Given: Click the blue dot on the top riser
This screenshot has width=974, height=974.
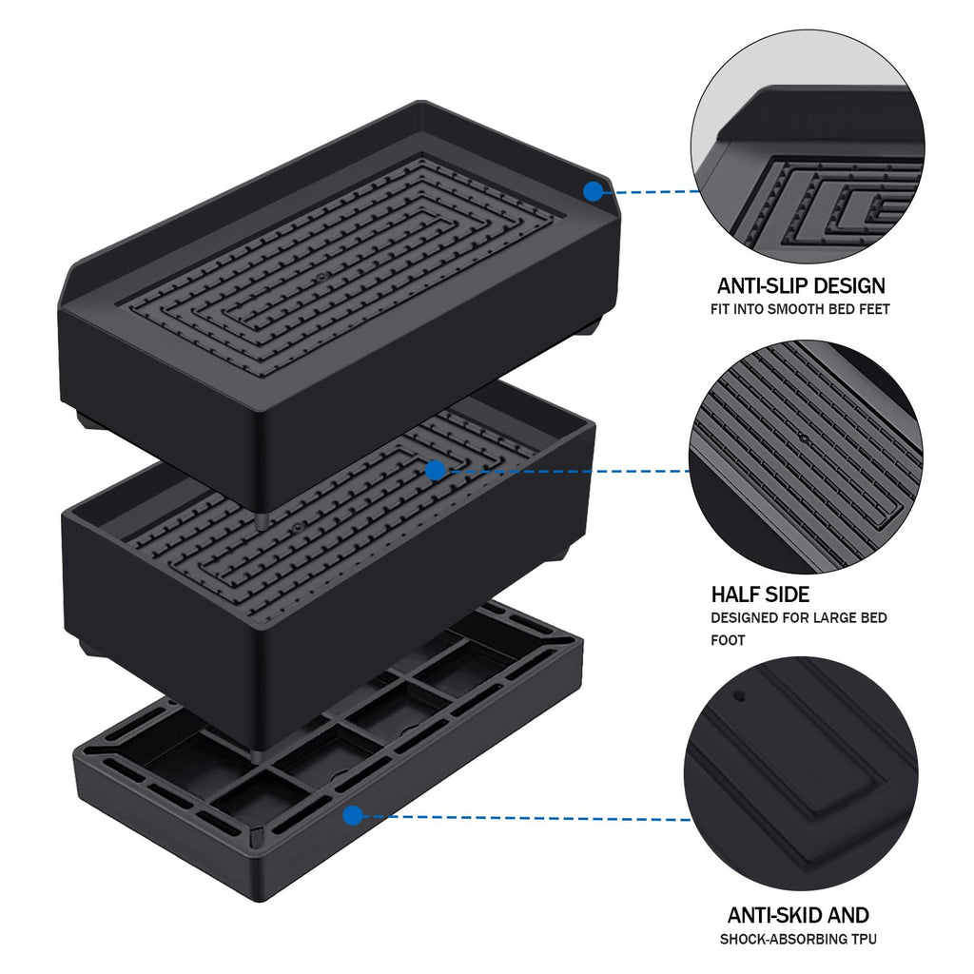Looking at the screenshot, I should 593,191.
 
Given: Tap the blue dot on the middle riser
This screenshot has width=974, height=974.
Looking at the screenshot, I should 435,470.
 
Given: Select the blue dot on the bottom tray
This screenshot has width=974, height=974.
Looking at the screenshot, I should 353,815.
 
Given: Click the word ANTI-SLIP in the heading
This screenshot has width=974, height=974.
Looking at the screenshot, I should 760,285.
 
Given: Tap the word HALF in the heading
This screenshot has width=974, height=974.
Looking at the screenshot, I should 735,595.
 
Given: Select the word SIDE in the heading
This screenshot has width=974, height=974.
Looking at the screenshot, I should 787,595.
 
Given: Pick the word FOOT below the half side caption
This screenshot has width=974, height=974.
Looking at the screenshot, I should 728,640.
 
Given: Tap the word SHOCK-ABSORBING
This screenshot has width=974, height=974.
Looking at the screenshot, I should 782,940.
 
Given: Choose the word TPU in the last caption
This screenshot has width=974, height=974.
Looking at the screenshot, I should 863,940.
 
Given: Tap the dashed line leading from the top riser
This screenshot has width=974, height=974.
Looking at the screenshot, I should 652,191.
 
